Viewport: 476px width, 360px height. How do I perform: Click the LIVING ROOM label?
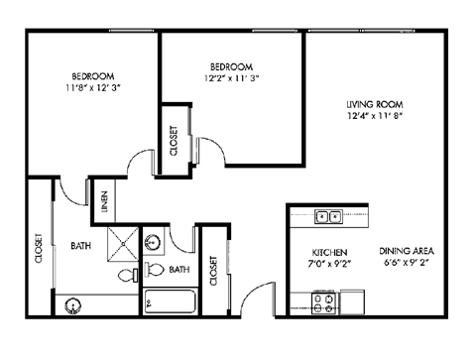click(x=374, y=103)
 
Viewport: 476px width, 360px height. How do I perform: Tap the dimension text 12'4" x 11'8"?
click(x=374, y=115)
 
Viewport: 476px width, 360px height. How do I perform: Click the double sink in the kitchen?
click(x=328, y=215)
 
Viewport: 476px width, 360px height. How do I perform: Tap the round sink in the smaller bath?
click(x=153, y=242)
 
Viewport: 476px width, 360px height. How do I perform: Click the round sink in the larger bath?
click(x=72, y=304)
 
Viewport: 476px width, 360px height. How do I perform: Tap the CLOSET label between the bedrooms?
click(x=175, y=142)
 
